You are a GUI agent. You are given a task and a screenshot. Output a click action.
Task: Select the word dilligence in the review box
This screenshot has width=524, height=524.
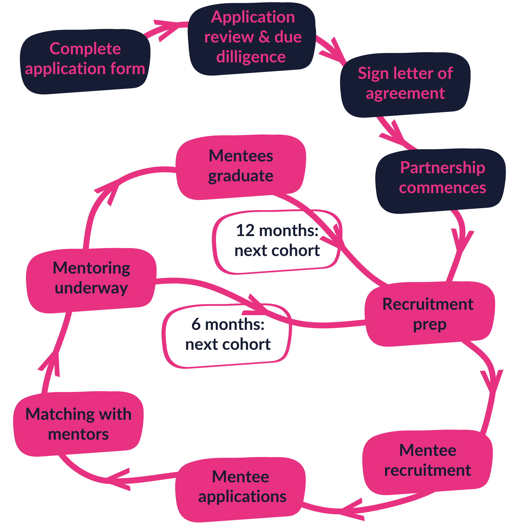251,57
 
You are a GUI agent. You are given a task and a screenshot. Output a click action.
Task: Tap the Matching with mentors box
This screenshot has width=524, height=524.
78,424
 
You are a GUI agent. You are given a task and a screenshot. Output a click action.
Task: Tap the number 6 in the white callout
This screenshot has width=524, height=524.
196,324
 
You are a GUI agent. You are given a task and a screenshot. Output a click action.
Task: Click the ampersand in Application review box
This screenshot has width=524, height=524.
264,37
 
